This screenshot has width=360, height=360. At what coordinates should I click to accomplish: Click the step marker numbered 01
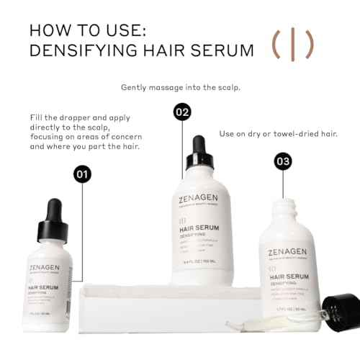pos(84,174)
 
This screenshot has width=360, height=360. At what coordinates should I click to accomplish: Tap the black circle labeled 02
pos(182,112)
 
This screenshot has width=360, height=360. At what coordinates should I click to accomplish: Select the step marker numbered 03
pos(284,161)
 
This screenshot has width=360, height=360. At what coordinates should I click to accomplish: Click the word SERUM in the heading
pos(223,52)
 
